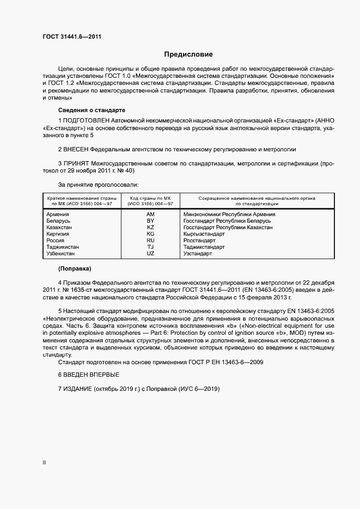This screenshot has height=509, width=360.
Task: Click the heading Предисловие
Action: coord(188,54)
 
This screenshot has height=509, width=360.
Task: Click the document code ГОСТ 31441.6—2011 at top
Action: coord(71,36)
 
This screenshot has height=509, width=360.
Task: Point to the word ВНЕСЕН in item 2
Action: coord(76,149)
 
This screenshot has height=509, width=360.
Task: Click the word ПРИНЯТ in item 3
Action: coord(76,163)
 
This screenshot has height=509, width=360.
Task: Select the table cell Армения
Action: coord(58,214)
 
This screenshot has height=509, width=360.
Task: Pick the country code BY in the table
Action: coord(150,221)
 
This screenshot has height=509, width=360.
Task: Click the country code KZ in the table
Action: coord(150,228)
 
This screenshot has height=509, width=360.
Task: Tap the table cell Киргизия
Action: coord(59,234)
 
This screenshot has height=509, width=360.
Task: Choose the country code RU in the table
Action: coord(150,241)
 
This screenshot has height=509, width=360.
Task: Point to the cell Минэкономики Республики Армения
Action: coord(229,214)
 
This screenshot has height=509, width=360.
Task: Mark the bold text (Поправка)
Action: coord(75,269)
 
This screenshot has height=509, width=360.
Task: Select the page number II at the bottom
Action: coord(44,462)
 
